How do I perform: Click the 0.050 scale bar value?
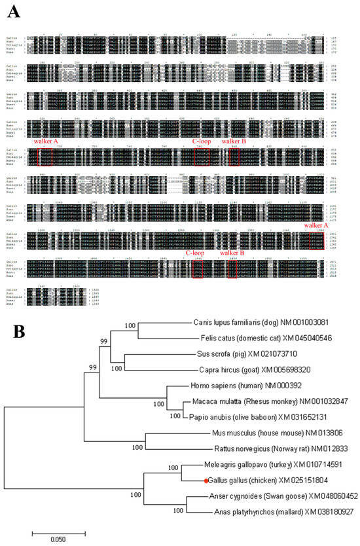(59, 541)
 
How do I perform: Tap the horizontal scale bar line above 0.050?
(59, 532)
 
